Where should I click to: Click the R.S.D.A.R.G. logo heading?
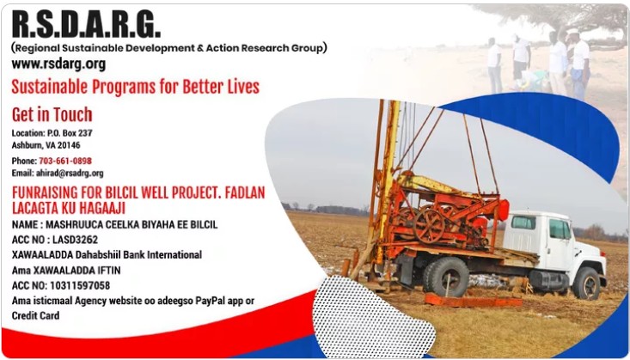[87, 24]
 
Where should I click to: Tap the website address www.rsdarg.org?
[58, 64]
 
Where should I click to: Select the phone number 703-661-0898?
[65, 161]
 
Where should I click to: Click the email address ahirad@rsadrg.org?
[70, 174]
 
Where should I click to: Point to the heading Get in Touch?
[52, 115]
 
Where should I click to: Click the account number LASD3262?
[75, 240]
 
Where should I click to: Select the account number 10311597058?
[80, 285]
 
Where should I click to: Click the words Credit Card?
[35, 315]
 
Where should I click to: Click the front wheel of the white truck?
[586, 284]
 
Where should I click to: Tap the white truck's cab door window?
[559, 229]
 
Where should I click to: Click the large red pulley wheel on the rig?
[429, 224]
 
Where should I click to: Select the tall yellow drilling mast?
[387, 180]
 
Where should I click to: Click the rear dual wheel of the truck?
[447, 278]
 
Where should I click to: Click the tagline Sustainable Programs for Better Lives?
[136, 87]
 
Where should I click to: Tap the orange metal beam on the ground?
[474, 301]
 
